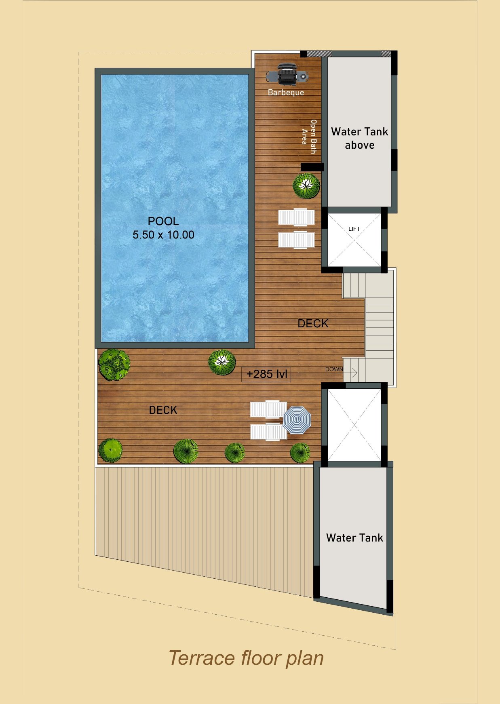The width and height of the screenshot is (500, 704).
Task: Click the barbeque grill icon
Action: [287, 75]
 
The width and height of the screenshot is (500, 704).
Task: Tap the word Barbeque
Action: [286, 93]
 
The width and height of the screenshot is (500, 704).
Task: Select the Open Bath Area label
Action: [309, 137]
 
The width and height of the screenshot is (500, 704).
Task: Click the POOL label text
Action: [163, 221]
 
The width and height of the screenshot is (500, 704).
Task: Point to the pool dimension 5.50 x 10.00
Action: [163, 235]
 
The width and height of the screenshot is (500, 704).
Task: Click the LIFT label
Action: [354, 229]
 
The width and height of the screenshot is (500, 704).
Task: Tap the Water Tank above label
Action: [360, 138]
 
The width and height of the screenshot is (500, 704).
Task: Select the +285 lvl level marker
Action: [266, 374]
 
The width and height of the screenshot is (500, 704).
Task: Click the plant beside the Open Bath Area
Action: [306, 185]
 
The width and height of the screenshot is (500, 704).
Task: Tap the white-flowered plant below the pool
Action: [222, 362]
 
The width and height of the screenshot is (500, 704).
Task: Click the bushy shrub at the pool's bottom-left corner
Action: [114, 365]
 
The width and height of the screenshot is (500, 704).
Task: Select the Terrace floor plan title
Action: [246, 658]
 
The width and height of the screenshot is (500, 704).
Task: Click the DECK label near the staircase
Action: [313, 323]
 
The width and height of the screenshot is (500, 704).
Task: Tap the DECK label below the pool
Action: [163, 410]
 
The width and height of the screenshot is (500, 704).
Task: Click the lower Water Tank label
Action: [354, 538]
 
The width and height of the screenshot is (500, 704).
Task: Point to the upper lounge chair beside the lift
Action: [296, 217]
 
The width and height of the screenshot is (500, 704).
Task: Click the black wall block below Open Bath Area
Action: [312, 167]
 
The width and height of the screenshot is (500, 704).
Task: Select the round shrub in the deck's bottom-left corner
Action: [110, 450]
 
